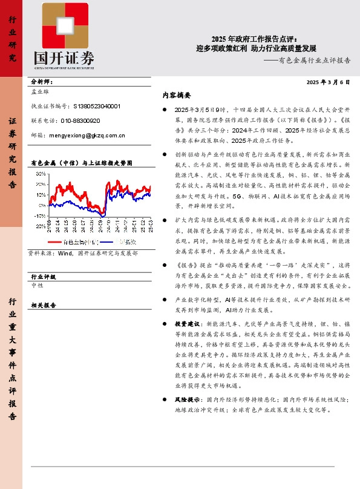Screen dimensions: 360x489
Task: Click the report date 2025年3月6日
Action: [329, 81]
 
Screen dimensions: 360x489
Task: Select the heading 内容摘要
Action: [177, 96]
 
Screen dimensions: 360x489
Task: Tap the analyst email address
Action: [87, 136]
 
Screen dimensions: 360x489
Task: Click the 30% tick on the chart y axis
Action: [40, 174]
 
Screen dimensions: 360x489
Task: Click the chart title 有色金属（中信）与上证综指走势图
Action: [80, 163]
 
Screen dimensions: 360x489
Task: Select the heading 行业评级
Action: [43, 276]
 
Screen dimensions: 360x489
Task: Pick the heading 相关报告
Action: [43, 306]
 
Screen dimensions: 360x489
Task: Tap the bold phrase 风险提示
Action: [188, 400]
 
